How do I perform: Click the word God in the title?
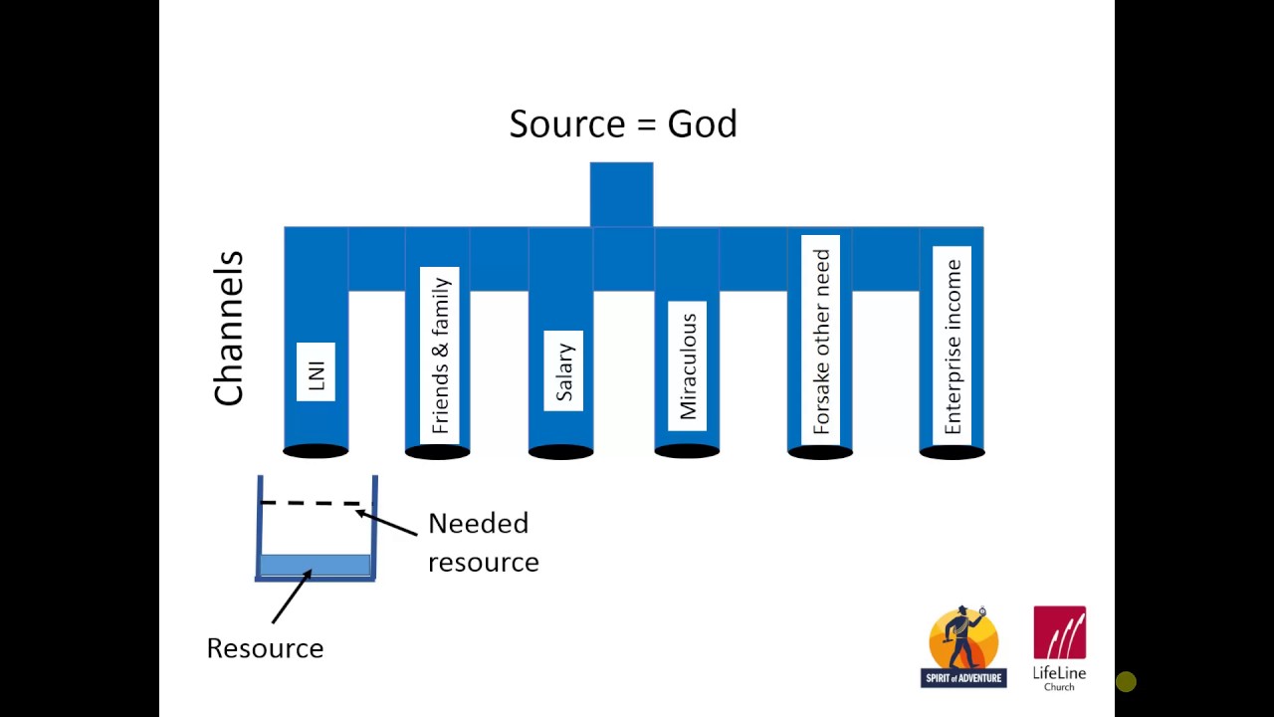click(702, 124)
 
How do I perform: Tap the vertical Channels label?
click(229, 329)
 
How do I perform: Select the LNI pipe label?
click(317, 371)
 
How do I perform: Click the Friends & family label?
click(439, 355)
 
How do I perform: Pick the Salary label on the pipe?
click(563, 370)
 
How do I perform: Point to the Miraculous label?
click(687, 365)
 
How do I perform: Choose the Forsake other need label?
click(821, 342)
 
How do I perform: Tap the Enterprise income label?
click(953, 346)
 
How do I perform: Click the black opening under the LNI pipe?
click(316, 452)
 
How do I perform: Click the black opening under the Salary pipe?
click(560, 452)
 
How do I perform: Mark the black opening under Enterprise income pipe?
click(952, 452)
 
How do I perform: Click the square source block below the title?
click(621, 194)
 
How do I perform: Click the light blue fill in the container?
click(315, 565)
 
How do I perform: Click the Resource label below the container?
click(265, 648)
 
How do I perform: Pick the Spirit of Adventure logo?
click(962, 646)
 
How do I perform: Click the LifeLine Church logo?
click(1059, 647)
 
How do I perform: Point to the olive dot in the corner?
click(1126, 682)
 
